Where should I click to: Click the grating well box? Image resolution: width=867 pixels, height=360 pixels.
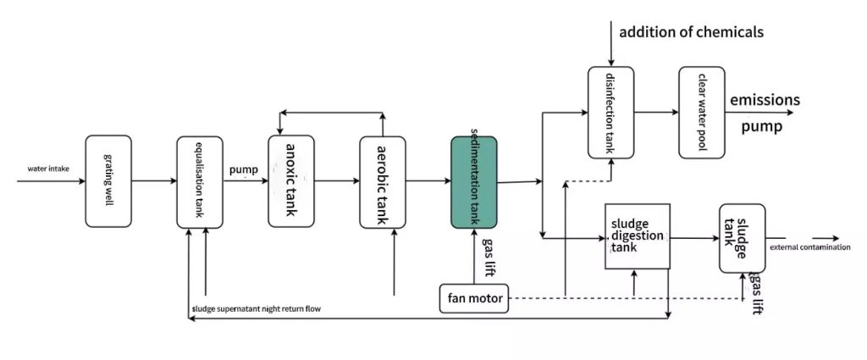(x=108, y=180)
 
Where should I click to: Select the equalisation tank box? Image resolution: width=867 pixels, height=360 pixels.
(x=199, y=181)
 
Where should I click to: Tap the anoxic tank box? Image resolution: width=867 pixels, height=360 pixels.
(x=290, y=180)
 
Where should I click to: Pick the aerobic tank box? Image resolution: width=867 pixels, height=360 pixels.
(x=382, y=181)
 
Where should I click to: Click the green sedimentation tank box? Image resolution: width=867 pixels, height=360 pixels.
(x=473, y=181)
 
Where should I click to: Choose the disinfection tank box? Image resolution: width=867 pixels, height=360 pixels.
(x=611, y=112)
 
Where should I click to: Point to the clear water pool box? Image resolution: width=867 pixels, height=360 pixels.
(x=702, y=112)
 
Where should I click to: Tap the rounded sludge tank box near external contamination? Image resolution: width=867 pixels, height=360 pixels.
(x=742, y=238)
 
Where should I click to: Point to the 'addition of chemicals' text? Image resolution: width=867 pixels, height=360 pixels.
(x=691, y=32)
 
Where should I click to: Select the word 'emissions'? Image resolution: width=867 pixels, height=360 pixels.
(x=765, y=100)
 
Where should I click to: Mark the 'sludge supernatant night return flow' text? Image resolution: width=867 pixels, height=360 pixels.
(x=257, y=308)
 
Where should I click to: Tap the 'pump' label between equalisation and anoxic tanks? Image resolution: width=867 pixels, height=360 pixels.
(x=244, y=170)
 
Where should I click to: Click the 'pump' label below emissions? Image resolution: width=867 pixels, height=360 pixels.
(x=761, y=128)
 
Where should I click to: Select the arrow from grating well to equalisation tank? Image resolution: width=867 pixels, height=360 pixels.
(x=154, y=180)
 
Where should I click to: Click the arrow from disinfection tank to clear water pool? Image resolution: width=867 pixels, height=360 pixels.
(x=656, y=112)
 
